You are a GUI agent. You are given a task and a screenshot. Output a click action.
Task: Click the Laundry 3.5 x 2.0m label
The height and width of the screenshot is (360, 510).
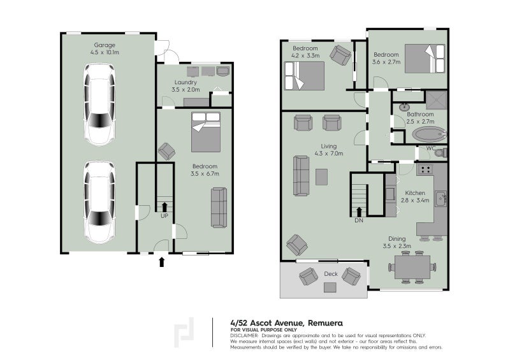coord(184,87)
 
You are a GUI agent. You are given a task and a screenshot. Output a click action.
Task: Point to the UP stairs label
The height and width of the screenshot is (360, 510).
coord(164,217)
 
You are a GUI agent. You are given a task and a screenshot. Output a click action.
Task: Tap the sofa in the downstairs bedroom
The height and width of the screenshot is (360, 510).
coord(219,208)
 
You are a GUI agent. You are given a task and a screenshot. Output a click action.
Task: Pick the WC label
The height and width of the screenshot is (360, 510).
coord(430,149)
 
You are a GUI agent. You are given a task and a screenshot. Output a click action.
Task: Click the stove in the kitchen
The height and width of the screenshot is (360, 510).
coord(425,169)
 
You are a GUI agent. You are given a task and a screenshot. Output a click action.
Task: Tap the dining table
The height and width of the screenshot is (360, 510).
coord(412,267)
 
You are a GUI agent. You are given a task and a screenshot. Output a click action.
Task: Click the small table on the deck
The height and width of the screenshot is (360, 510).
coord(330,287)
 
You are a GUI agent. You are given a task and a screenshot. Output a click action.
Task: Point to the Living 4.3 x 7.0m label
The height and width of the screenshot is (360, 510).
coord(329,150)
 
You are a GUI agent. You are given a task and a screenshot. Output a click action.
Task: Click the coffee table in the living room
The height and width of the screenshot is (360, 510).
coord(321,177)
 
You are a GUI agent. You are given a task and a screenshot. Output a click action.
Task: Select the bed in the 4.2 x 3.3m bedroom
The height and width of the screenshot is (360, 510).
coord(305,76)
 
